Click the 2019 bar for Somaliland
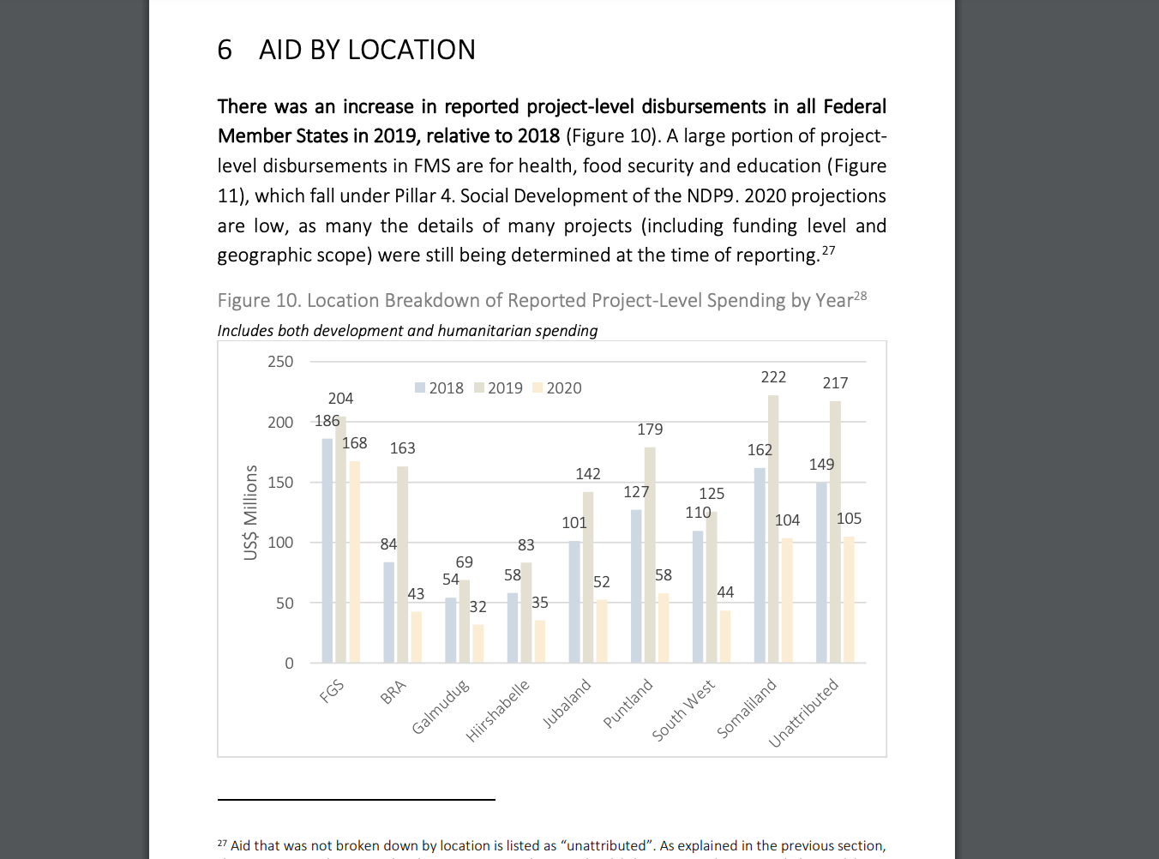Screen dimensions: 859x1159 pyautogui.click(x=773, y=529)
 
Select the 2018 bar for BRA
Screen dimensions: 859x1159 pyautogui.click(x=389, y=612)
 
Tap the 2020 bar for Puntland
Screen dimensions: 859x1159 pyautogui.click(x=664, y=628)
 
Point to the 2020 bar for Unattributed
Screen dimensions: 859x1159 pyautogui.click(x=849, y=599)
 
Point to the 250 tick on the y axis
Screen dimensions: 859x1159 pyautogui.click(x=280, y=362)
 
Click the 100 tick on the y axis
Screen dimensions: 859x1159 pyautogui.click(x=280, y=543)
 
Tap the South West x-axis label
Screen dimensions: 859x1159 pyautogui.click(x=683, y=711)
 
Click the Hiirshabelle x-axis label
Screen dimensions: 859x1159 pyautogui.click(x=498, y=711)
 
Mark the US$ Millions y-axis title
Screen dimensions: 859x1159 pyautogui.click(x=250, y=513)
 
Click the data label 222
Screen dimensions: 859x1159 pyautogui.click(x=773, y=377)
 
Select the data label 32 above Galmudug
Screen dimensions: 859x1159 pyautogui.click(x=478, y=607)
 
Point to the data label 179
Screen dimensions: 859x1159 pyautogui.click(x=650, y=429)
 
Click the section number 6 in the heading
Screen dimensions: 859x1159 pyautogui.click(x=225, y=50)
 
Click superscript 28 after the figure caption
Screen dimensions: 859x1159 pyautogui.click(x=861, y=296)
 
